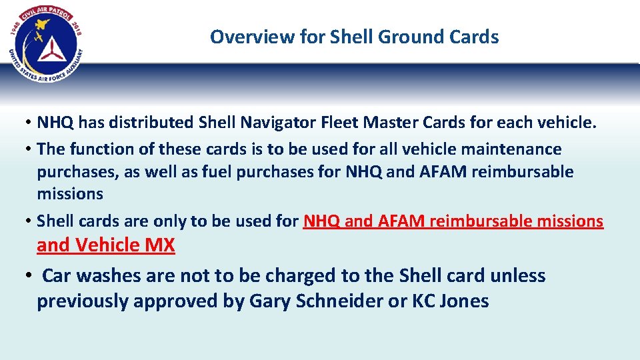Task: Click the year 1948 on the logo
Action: pyautogui.click(x=17, y=28)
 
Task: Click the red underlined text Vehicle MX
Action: pyautogui.click(x=125, y=245)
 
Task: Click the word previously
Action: pyautogui.click(x=83, y=301)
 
